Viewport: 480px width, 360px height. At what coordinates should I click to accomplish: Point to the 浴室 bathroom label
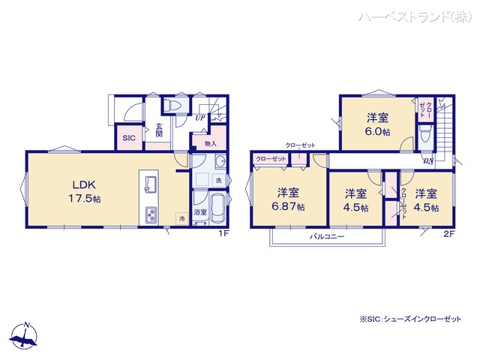pos(201,213)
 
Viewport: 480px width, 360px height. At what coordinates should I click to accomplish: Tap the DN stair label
pos(427,160)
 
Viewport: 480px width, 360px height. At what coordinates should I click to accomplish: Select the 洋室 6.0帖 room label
pos(378,124)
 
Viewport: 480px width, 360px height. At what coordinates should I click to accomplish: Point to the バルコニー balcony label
pos(327,236)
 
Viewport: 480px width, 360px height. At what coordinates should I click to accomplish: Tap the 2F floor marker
pos(448,234)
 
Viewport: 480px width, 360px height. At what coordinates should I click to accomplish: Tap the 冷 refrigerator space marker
pos(180,217)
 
